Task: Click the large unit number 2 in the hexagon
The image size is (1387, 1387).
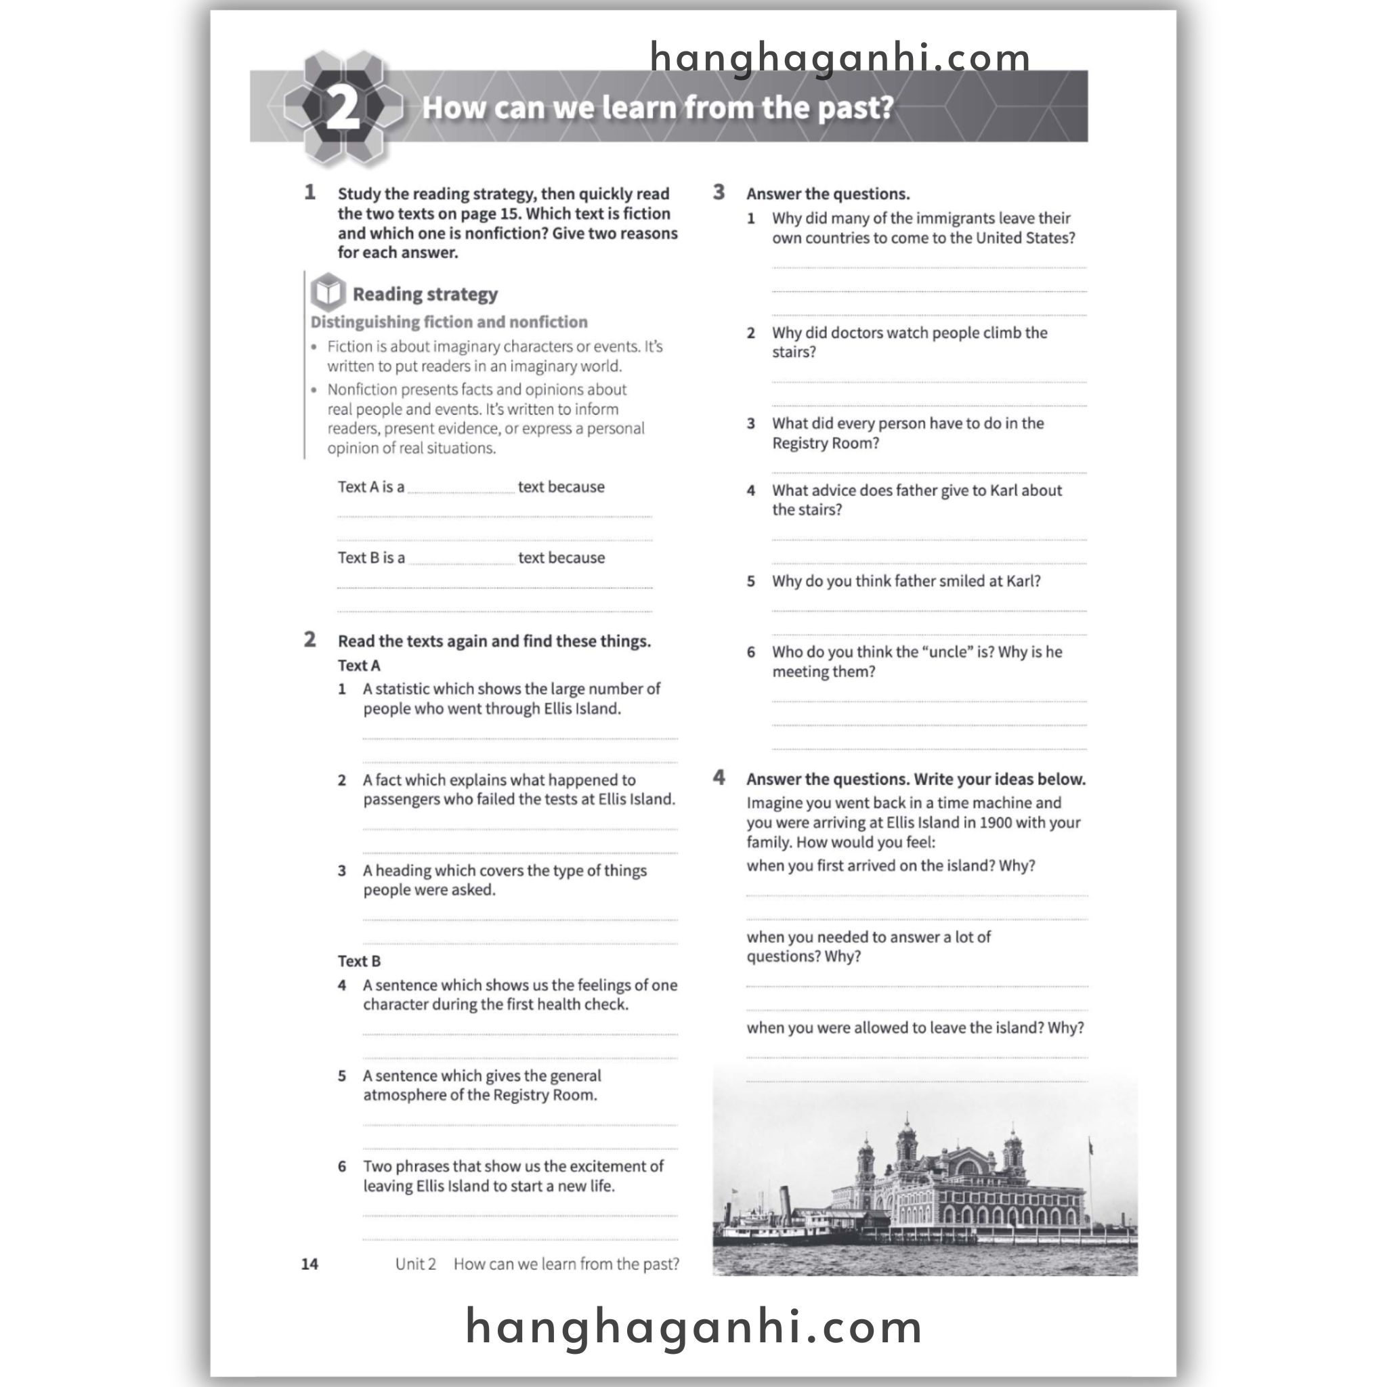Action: tap(343, 108)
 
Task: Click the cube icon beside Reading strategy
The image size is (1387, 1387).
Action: tap(328, 292)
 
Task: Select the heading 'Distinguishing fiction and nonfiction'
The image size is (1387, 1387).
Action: tap(449, 322)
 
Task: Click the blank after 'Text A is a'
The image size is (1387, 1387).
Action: tap(461, 488)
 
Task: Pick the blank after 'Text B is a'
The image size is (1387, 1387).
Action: tap(462, 559)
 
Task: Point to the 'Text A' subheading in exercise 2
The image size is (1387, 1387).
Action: tap(359, 666)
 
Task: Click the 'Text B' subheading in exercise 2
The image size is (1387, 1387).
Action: tap(359, 960)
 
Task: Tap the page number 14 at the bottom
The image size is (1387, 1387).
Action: tap(310, 1264)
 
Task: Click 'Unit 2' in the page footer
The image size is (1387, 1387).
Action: tap(416, 1264)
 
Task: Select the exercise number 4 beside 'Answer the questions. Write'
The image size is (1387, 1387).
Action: tap(719, 777)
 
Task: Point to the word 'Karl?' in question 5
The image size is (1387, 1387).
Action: tap(1022, 581)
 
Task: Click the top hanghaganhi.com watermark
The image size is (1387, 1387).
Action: tap(839, 58)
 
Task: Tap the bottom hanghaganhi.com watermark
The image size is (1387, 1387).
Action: tap(693, 1327)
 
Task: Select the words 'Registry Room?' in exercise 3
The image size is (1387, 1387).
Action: tap(825, 443)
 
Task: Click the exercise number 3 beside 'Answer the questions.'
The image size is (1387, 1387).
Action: tap(719, 192)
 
